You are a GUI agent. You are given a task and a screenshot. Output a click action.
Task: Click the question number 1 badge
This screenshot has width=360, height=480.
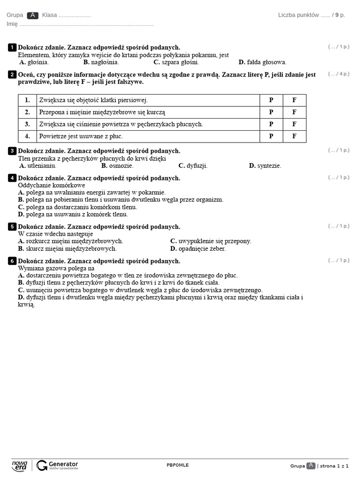click(x=12, y=47)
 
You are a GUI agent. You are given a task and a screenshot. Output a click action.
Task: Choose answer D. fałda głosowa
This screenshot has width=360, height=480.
click(x=262, y=62)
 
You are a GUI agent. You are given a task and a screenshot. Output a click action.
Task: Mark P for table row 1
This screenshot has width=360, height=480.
click(x=271, y=100)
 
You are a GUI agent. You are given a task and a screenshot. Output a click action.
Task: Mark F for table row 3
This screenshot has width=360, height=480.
click(x=294, y=124)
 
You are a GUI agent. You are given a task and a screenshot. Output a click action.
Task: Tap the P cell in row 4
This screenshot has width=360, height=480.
click(x=271, y=136)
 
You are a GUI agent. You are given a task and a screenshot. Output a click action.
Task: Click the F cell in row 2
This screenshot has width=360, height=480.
click(x=294, y=112)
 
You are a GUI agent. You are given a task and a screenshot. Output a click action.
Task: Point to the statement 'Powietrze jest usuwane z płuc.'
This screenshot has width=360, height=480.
click(x=81, y=136)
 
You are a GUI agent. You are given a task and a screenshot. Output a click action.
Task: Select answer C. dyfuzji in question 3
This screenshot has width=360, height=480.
click(x=193, y=165)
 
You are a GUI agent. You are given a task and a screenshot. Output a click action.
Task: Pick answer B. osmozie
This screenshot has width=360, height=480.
click(x=117, y=165)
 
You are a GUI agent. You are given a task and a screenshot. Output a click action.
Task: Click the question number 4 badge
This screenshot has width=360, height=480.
click(x=12, y=178)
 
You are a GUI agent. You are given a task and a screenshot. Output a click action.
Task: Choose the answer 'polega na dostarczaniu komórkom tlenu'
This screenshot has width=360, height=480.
click(x=77, y=207)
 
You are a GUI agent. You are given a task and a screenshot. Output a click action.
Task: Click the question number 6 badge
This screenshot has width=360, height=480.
click(x=12, y=261)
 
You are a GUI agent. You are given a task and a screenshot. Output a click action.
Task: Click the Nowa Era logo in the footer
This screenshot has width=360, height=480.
click(x=20, y=465)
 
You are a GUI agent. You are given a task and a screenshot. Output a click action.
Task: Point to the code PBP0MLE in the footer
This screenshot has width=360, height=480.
click(x=178, y=465)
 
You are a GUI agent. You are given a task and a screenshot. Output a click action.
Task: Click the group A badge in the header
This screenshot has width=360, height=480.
click(x=33, y=15)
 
